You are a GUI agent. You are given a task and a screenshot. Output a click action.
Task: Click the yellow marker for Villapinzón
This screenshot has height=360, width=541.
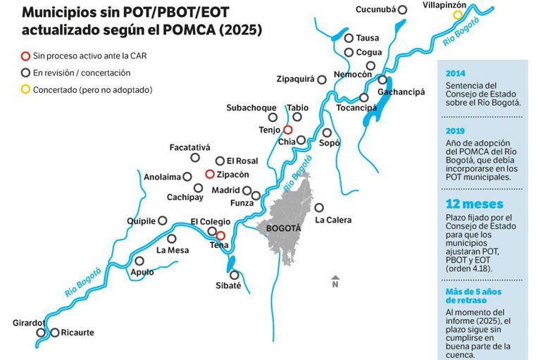[458, 15]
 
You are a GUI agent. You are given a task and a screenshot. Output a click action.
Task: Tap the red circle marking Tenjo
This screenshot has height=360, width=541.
[287, 130]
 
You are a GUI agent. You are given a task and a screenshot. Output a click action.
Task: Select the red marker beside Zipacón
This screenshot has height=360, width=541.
[209, 174]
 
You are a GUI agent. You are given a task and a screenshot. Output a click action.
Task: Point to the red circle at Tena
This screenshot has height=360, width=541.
[220, 235]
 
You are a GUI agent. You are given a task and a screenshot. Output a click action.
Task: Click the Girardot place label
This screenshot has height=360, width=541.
[28, 323]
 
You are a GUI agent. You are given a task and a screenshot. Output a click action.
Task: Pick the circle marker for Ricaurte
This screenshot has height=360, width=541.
[55, 333]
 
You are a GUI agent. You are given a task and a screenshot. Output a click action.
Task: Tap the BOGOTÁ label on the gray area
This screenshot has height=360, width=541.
[284, 228]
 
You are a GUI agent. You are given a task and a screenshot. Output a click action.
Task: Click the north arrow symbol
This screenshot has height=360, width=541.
[335, 282]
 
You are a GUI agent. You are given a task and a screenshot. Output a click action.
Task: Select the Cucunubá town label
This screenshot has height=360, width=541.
[375, 10]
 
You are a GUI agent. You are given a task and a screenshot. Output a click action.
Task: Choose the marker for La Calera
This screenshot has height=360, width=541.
[319, 208]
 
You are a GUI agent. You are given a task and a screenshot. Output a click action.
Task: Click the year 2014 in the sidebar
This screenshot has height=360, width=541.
[456, 73]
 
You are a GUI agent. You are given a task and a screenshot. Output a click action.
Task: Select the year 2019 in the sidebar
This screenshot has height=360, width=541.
[456, 130]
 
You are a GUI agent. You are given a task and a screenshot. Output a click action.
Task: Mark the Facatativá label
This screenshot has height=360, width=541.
[190, 147]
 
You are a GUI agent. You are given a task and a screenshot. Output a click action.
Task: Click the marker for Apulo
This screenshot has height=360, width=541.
[139, 261]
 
